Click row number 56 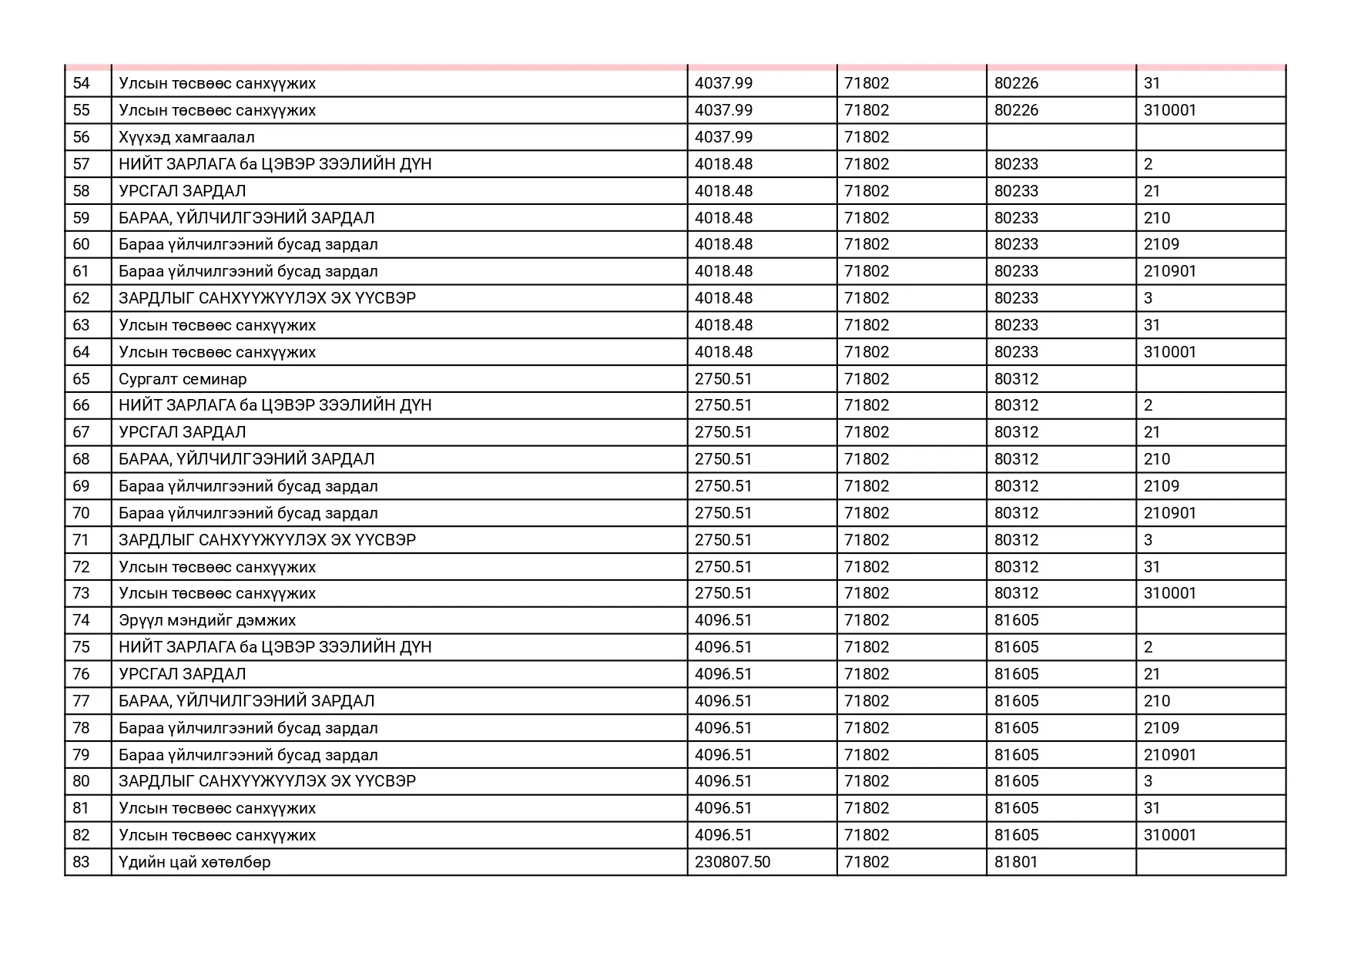pos(81,137)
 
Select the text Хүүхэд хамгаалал pos(186,137)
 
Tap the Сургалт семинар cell pos(183,379)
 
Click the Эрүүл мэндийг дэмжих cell pos(207,620)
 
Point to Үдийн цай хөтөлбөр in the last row pos(195,862)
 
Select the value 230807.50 pos(732,862)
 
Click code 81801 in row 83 pos(1016,862)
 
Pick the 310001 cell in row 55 pos(1170,110)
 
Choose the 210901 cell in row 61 pos(1170,271)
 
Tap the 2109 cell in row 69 pos(1162,486)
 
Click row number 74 pos(81,620)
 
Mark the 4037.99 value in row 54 pos(723,83)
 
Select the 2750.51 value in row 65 pos(723,379)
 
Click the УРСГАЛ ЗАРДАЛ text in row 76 pos(183,674)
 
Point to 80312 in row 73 pos(1016,593)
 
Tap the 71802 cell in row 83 pos(867,862)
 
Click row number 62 pos(81,298)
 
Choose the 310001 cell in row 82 pos(1170,835)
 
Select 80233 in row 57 pos(1016,164)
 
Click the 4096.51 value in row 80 pos(723,781)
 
